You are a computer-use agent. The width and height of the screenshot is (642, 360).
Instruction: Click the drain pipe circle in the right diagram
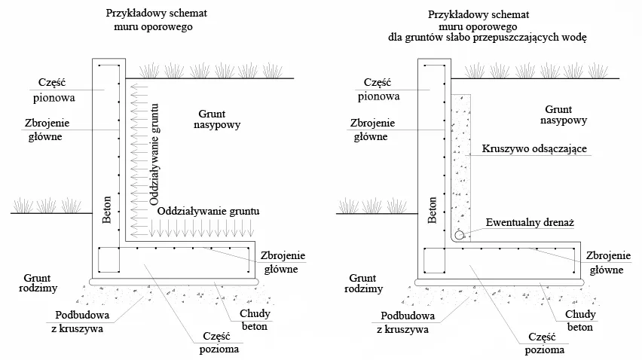458,234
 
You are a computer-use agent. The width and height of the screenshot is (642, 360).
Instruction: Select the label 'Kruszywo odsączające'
532,150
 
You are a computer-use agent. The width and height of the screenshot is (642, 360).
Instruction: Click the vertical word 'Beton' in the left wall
108,209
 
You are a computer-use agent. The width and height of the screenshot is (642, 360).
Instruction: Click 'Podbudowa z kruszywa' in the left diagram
80,322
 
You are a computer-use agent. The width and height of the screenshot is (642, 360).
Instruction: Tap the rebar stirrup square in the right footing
435,261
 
